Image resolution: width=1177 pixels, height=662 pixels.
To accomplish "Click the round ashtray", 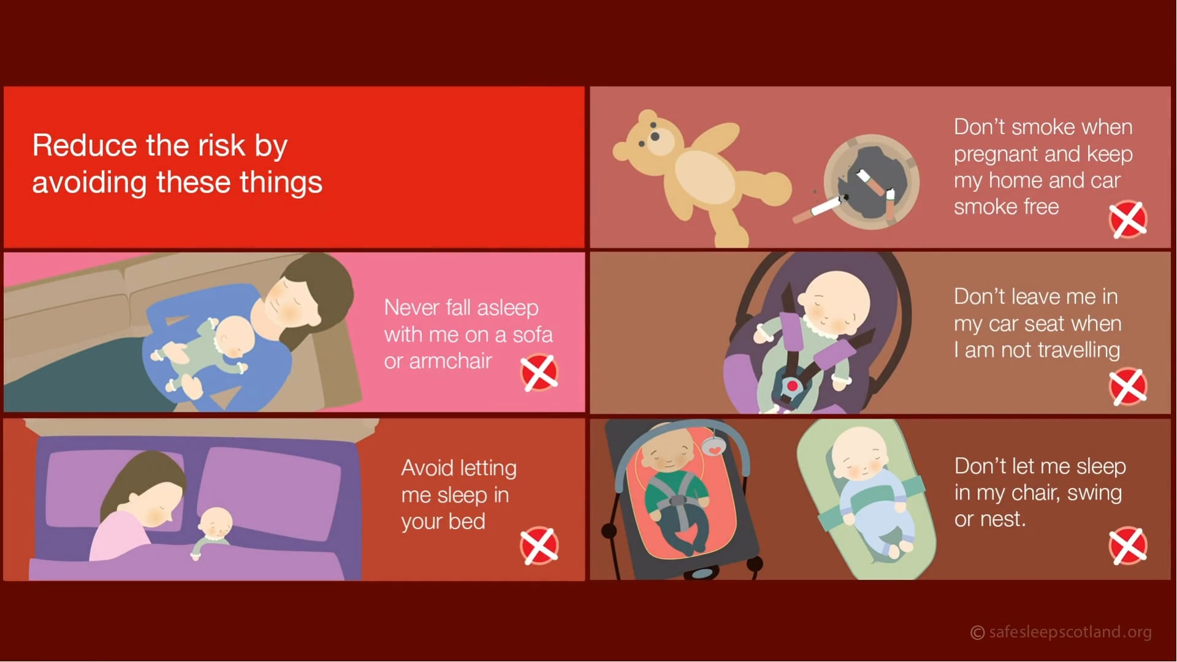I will click(x=871, y=181).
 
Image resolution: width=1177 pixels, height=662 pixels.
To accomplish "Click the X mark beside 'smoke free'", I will click(x=1128, y=219).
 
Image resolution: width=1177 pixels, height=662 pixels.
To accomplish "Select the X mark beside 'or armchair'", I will click(x=539, y=373).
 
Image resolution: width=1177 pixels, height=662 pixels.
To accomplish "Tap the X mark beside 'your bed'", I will click(x=539, y=545).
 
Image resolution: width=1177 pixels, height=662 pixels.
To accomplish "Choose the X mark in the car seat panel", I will click(x=1128, y=387).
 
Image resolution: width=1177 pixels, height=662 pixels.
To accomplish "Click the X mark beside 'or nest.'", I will click(x=1128, y=545).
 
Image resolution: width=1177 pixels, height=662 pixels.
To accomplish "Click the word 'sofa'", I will click(x=532, y=335).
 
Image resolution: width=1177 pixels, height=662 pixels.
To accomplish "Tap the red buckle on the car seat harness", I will click(x=792, y=386).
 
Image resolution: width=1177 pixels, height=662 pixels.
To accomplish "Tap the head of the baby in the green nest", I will click(x=860, y=454).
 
